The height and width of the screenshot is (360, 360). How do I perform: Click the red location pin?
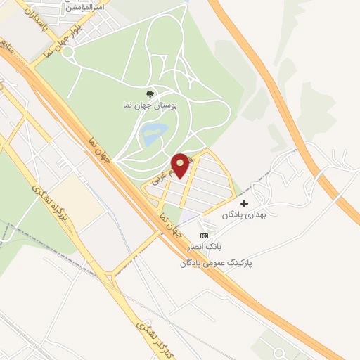(x=181, y=165)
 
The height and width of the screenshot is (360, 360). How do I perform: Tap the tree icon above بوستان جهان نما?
(x=148, y=93)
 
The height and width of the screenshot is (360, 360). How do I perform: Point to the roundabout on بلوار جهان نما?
(x=68, y=51)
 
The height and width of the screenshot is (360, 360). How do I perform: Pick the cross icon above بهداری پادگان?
(x=244, y=203)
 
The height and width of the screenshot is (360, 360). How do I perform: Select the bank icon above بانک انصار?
(x=204, y=236)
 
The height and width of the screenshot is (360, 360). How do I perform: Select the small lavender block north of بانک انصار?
(x=189, y=218)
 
